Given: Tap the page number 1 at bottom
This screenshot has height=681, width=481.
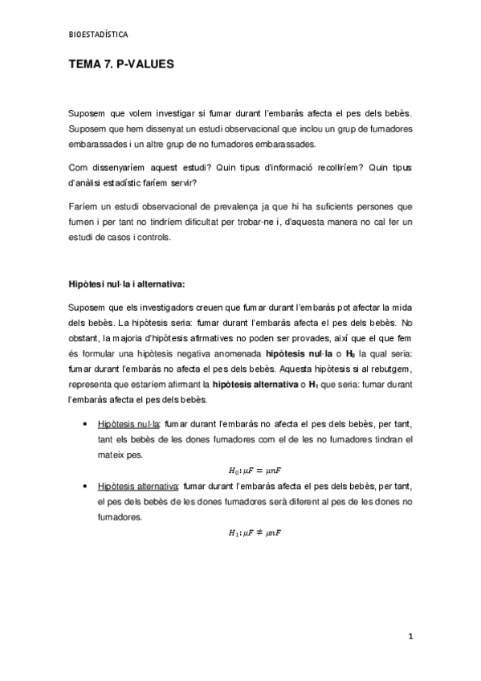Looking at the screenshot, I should [x=410, y=638].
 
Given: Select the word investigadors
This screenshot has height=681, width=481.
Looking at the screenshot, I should [x=155, y=307].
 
